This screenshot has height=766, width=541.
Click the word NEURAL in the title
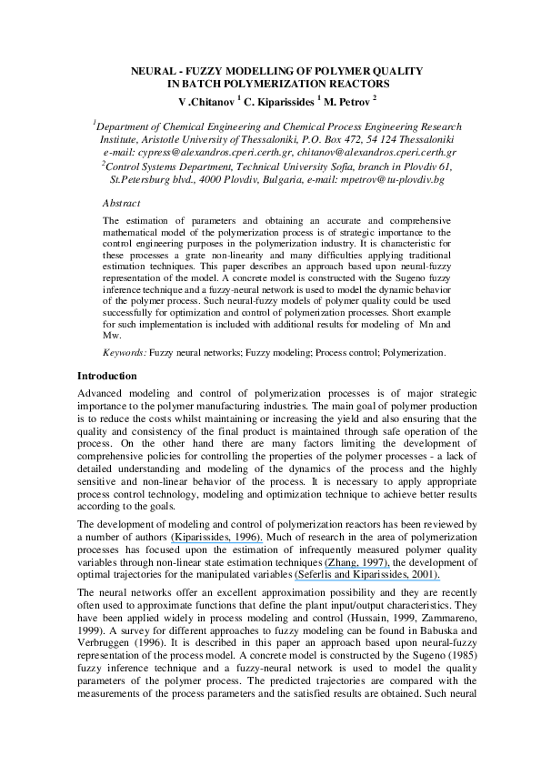[154, 70]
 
